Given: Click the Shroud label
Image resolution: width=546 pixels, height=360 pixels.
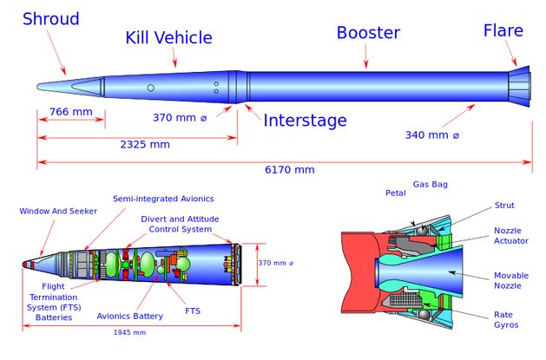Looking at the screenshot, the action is (51, 19).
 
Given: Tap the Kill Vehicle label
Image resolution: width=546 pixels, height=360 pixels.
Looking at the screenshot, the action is (169, 37).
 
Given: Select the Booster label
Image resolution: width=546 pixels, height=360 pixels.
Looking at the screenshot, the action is (368, 33).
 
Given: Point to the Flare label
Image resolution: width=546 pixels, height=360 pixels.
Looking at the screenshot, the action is (503, 30).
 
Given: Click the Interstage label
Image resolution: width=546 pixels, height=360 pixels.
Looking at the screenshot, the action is (305, 121).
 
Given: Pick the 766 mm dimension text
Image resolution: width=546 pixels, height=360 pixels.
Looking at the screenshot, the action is (71, 112).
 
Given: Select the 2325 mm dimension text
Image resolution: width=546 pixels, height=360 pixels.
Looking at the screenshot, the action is (145, 144).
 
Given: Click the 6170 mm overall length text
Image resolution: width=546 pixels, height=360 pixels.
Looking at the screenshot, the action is (290, 170).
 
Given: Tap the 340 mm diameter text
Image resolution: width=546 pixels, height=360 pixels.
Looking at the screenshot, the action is (432, 135).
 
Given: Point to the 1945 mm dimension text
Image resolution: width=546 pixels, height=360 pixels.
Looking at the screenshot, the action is (129, 332).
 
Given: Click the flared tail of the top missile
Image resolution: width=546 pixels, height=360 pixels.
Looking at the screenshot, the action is (519, 87).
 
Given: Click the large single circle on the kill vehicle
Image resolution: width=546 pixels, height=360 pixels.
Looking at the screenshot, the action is (150, 88).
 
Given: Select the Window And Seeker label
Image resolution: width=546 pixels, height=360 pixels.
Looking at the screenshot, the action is (58, 211).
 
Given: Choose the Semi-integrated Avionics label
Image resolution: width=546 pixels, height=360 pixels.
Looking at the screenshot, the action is (163, 199).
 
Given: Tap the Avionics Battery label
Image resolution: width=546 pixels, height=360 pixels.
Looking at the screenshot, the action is (130, 316).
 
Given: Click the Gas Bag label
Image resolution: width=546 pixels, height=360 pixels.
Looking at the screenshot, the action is (431, 185).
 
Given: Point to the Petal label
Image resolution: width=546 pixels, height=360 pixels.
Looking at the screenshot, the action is (396, 193).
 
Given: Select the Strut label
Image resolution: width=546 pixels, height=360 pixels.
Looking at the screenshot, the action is (504, 206).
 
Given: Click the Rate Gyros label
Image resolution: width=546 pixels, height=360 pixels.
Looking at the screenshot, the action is (506, 319).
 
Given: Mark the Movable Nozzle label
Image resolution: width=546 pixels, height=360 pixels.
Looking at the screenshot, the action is (511, 280).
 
